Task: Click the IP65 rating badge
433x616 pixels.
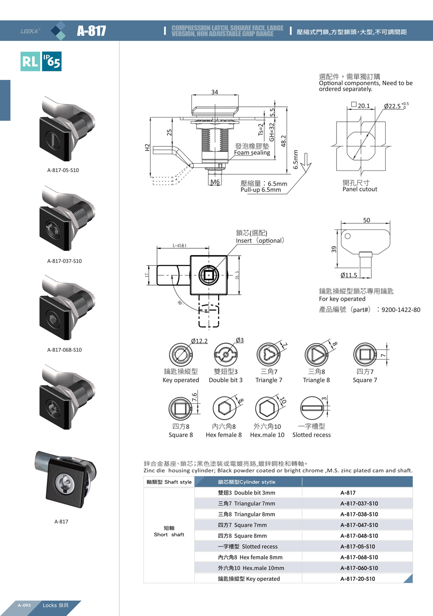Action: pyautogui.click(x=52, y=61)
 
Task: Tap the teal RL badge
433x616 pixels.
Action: pyautogui.click(x=30, y=61)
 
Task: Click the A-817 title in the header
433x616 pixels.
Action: pyautogui.click(x=91, y=31)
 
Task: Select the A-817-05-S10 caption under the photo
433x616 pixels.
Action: pyautogui.click(x=63, y=170)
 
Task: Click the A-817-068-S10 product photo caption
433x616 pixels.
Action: pyautogui.click(x=64, y=350)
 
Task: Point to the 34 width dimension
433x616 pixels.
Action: pyautogui.click(x=214, y=92)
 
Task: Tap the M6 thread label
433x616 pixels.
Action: pyautogui.click(x=215, y=182)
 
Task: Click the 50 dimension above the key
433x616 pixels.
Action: pyautogui.click(x=366, y=220)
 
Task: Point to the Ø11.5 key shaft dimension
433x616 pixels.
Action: pyautogui.click(x=349, y=275)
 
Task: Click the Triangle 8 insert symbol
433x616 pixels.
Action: pyautogui.click(x=316, y=355)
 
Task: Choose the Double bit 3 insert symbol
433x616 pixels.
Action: pyautogui.click(x=226, y=355)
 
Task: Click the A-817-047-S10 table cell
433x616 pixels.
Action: pyautogui.click(x=359, y=525)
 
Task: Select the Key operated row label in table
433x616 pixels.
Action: pyautogui.click(x=249, y=579)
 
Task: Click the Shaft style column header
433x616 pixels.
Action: pyautogui.click(x=169, y=482)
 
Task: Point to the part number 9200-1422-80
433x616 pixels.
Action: pyautogui.click(x=401, y=310)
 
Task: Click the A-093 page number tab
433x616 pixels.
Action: pyautogui.click(x=24, y=605)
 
